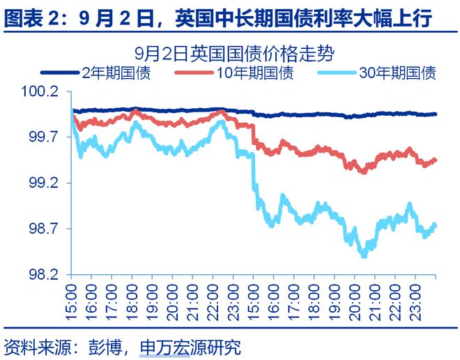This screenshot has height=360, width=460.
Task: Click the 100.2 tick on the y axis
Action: (x=41, y=93)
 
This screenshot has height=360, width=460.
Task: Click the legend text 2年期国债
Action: (x=116, y=73)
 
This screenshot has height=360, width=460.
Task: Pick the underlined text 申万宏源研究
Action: (x=190, y=346)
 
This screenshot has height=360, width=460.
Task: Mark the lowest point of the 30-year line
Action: (x=363, y=255)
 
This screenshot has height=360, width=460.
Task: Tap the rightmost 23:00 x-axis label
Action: (x=415, y=299)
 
